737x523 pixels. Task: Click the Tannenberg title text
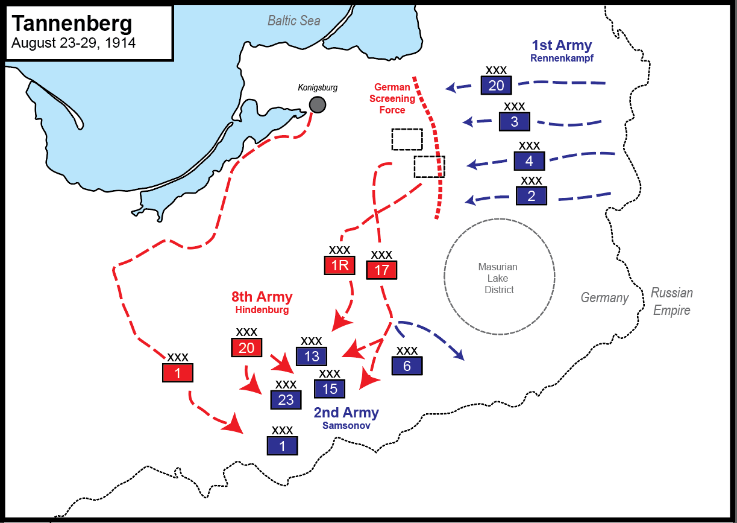(x=72, y=24)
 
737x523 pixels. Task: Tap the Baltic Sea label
(x=294, y=21)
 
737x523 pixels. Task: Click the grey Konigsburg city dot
(x=318, y=105)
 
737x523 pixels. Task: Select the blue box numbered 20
(x=496, y=86)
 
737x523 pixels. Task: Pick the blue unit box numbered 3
(x=514, y=122)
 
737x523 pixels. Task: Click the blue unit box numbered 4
(x=529, y=161)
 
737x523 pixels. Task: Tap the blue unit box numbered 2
(x=531, y=195)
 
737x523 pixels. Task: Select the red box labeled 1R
(x=339, y=265)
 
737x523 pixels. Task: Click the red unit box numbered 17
(x=381, y=270)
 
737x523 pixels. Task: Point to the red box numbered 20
(x=246, y=347)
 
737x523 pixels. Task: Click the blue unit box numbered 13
(x=312, y=357)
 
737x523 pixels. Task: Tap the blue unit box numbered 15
(x=330, y=389)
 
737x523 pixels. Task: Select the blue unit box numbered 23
(x=286, y=399)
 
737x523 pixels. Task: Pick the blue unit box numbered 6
(x=407, y=366)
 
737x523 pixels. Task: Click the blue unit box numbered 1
(x=283, y=446)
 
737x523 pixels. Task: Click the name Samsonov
(x=346, y=425)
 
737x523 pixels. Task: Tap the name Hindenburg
(x=262, y=310)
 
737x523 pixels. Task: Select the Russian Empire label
(x=671, y=302)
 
